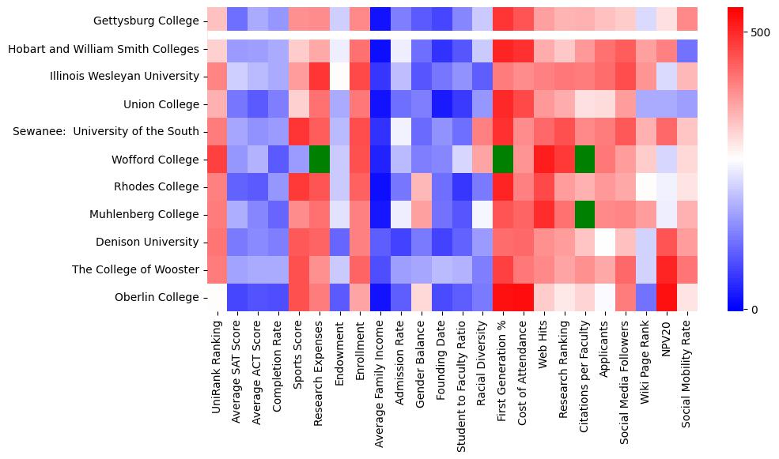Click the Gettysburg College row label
146,21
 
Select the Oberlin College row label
158,297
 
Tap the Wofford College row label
156,159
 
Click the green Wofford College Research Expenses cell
320,159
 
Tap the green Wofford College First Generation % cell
504,159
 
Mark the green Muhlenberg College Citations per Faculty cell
586,214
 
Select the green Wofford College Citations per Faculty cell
586,159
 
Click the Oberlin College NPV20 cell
667,297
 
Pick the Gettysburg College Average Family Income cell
381,21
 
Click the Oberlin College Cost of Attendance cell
524,297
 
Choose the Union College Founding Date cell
442,103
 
